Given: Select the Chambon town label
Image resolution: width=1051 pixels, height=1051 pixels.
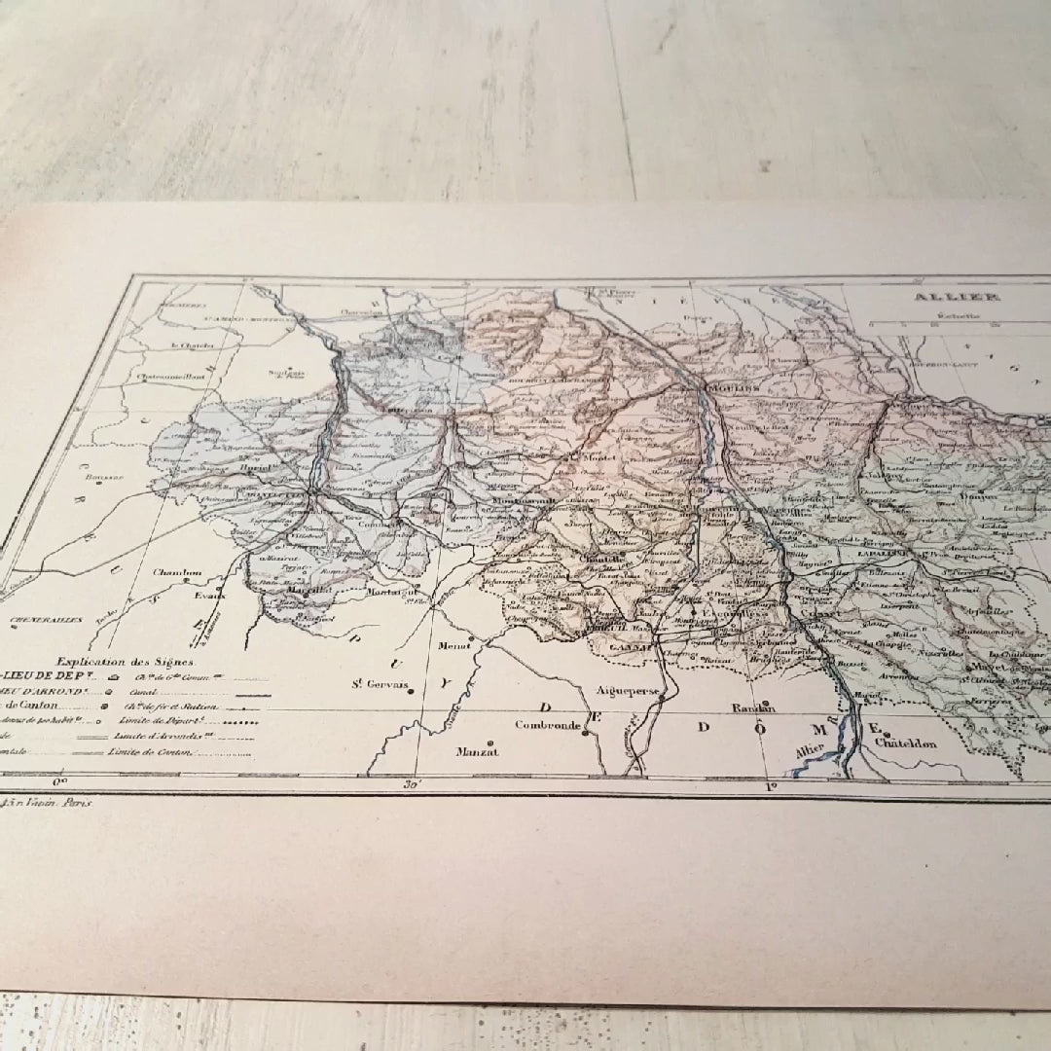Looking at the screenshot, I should click(x=178, y=573).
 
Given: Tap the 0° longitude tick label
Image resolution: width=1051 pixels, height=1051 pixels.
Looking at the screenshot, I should click(x=60, y=779).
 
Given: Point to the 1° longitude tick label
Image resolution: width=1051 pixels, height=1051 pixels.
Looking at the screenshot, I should click(x=769, y=786).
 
